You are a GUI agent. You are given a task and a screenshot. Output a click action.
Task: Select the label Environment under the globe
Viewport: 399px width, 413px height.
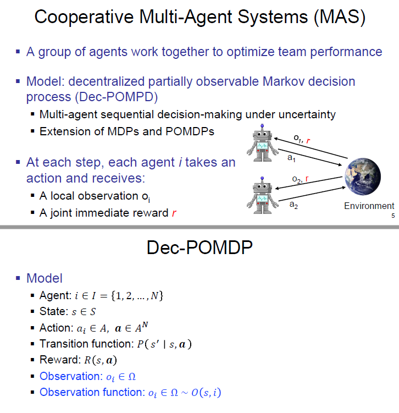pyautogui.click(x=369, y=206)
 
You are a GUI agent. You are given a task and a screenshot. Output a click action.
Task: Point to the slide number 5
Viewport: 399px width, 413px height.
pyautogui.click(x=392, y=216)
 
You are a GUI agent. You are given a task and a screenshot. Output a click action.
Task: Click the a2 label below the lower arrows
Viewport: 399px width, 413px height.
pyautogui.click(x=293, y=205)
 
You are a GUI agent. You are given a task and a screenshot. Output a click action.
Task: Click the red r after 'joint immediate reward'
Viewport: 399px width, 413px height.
pyautogui.click(x=174, y=213)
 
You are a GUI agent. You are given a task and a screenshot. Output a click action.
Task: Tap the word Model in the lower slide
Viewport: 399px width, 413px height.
pyautogui.click(x=45, y=278)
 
